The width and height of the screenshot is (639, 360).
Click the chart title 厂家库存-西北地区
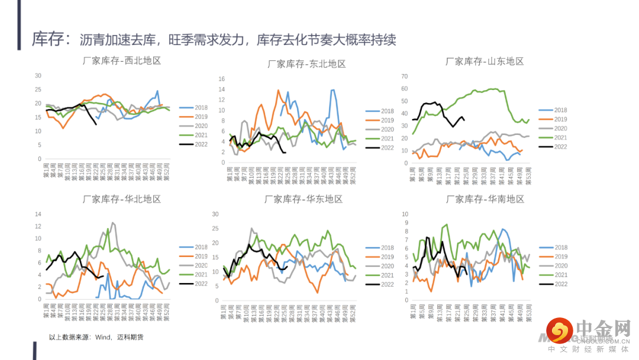[122, 60]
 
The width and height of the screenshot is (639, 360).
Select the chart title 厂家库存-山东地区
[485, 62]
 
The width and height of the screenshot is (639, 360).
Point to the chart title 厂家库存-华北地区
[122, 200]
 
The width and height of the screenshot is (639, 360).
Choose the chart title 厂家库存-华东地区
[304, 200]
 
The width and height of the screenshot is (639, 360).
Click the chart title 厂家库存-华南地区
[485, 200]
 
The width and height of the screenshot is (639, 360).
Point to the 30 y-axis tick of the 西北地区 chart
[38, 76]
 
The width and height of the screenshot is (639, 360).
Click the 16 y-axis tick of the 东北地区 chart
[221, 79]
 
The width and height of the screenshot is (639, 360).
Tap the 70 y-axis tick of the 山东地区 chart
[405, 76]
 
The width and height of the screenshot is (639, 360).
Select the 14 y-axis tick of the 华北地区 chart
[38, 214]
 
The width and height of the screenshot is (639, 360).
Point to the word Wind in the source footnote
[104, 337]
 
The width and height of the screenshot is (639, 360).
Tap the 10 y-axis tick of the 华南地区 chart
[405, 214]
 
